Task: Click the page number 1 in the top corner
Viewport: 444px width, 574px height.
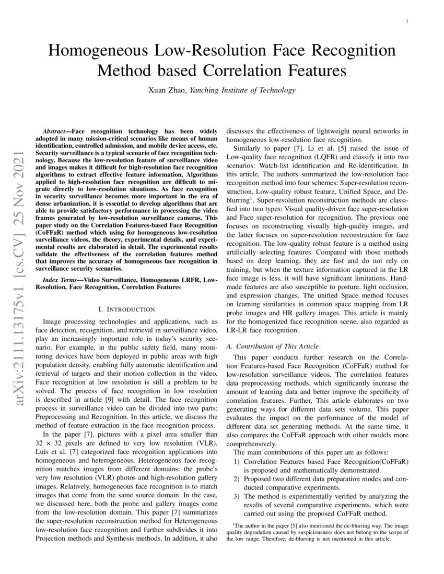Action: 407,21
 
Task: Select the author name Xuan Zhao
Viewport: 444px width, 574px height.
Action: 167,90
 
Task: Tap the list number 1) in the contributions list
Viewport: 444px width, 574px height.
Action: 236,462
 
